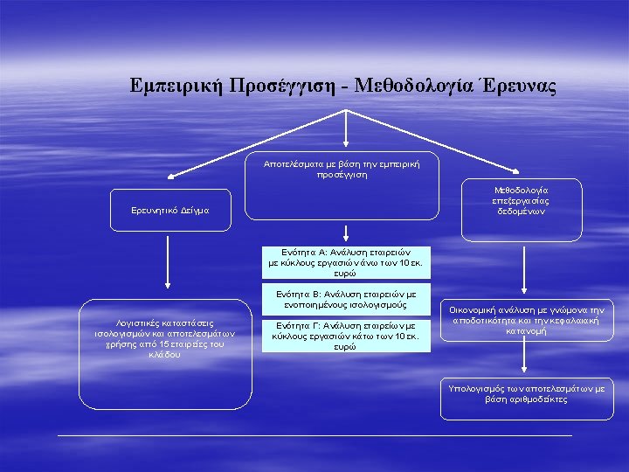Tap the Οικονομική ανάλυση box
tap(527, 321)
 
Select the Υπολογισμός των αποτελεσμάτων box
tap(527, 392)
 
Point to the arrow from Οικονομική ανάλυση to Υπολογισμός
tap(524, 358)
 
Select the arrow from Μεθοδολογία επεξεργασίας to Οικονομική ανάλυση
tap(524, 271)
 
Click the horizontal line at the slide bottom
tap(314, 434)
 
